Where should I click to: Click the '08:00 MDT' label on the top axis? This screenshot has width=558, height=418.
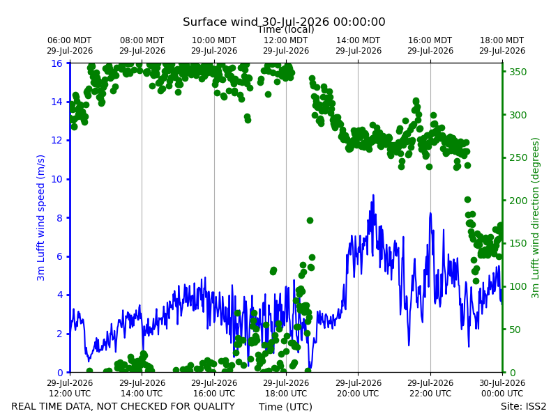point(142,40)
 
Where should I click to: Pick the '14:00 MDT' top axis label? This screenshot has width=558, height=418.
point(359,40)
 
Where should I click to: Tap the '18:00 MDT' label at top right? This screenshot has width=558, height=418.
point(502,40)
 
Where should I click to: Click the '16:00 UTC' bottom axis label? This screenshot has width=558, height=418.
point(214,394)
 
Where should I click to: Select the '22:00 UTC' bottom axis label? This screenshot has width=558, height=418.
point(430,394)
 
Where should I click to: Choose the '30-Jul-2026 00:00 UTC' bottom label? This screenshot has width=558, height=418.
point(502,388)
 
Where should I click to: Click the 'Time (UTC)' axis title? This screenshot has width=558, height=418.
point(285,407)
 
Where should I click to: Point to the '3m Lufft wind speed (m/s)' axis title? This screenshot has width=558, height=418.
point(40,217)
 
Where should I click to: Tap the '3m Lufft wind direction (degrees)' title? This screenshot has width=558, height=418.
point(535,218)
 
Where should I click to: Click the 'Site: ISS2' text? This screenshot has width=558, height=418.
point(523,406)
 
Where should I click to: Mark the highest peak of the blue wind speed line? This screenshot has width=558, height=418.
point(373,195)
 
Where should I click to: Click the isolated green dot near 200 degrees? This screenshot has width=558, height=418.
point(467,200)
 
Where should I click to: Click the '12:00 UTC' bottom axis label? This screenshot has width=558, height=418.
point(70,394)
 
